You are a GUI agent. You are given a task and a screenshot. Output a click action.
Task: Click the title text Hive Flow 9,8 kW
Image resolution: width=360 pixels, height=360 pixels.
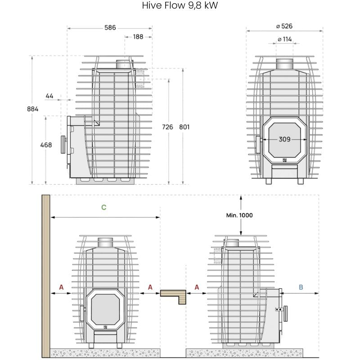(180, 6)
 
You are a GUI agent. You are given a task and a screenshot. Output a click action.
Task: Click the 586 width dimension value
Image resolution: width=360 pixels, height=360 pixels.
(110, 27)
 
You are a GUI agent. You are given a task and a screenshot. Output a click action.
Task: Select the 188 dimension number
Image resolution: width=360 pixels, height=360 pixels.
(138, 37)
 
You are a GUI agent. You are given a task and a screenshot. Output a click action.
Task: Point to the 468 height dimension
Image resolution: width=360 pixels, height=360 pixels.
(46, 145)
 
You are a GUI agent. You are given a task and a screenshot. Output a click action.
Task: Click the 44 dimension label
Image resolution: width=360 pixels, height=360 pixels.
(49, 96)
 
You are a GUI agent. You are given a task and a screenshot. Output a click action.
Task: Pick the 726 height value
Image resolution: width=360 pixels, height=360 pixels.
(167, 127)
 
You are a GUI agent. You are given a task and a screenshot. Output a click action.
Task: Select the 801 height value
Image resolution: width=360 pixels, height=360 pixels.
(184, 127)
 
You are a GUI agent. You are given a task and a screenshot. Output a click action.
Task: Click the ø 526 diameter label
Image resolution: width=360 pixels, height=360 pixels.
(284, 27)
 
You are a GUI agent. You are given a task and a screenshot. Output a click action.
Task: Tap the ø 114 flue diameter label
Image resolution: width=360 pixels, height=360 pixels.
(284, 39)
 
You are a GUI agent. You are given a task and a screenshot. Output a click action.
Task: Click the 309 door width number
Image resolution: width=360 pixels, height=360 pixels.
(284, 139)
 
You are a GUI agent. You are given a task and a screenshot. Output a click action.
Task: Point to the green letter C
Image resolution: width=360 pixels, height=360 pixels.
(104, 207)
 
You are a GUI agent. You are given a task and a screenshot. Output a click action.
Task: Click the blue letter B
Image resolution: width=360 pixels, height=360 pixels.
(301, 287)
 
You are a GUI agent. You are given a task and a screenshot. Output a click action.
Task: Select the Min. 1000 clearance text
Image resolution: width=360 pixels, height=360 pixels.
(239, 216)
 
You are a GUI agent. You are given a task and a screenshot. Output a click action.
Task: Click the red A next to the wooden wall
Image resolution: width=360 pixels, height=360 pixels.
(61, 287)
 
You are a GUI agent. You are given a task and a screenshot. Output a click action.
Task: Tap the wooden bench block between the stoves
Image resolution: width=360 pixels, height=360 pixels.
(174, 295)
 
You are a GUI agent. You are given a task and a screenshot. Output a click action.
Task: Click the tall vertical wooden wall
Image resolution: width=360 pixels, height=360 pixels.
(45, 274)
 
